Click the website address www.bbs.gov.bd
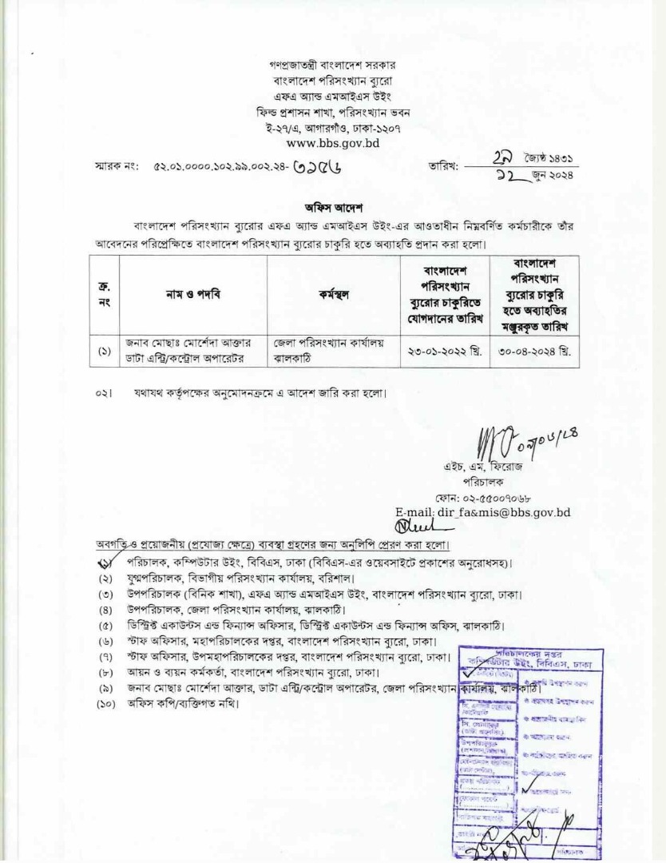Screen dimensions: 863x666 click(332, 144)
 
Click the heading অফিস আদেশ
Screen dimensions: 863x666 click(332, 205)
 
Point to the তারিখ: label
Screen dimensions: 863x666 click(444, 168)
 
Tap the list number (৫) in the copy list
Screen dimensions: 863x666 click(105, 625)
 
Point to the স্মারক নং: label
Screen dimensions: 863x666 click(117, 169)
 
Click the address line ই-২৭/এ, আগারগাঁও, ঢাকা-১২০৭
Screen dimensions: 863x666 click(332, 128)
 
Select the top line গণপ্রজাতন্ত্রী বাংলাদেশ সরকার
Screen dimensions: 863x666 click(332, 65)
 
